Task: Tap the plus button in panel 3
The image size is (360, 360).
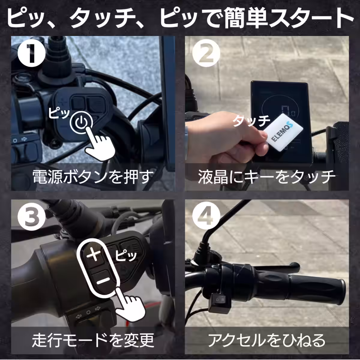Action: pos(94,256)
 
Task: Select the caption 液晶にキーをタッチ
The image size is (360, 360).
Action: pos(267,177)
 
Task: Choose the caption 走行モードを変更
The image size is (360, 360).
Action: pos(93,340)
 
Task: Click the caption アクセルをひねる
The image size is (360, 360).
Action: pos(267,340)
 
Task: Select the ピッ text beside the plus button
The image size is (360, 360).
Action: pos(126,256)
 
